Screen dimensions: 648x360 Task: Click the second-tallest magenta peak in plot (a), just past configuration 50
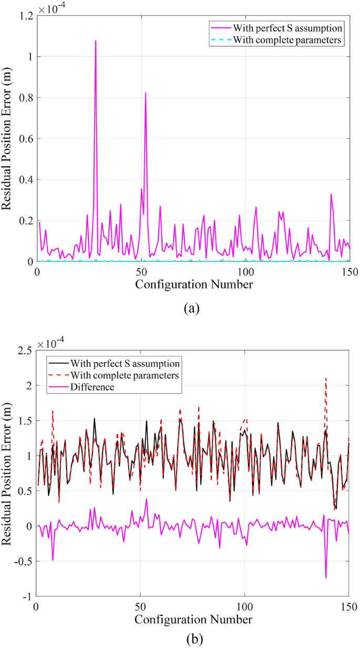(x=146, y=93)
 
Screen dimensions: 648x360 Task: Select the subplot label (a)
(x=192, y=308)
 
